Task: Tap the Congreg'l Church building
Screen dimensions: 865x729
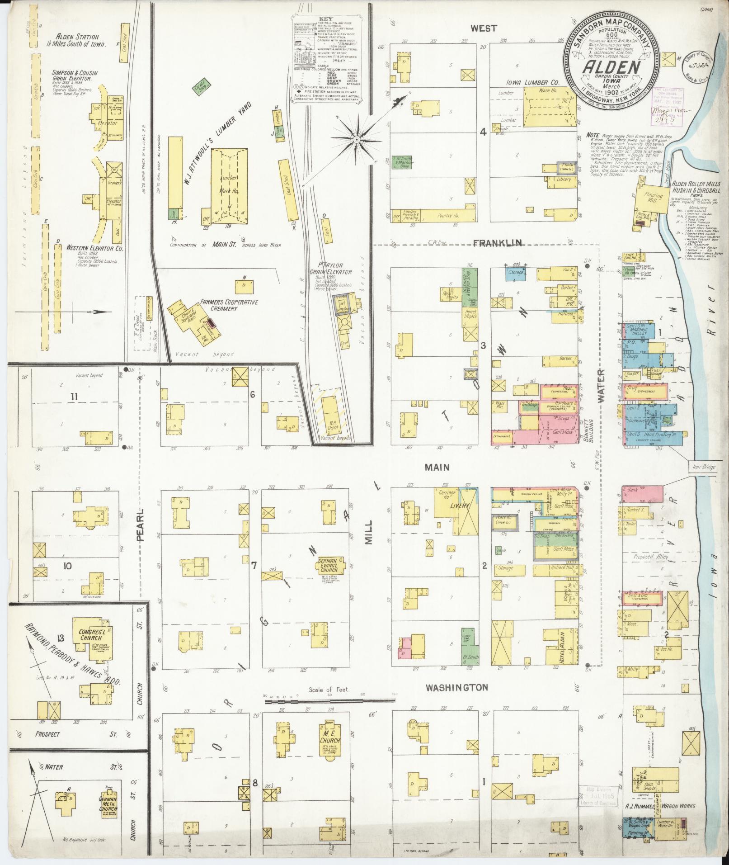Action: click(89, 634)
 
